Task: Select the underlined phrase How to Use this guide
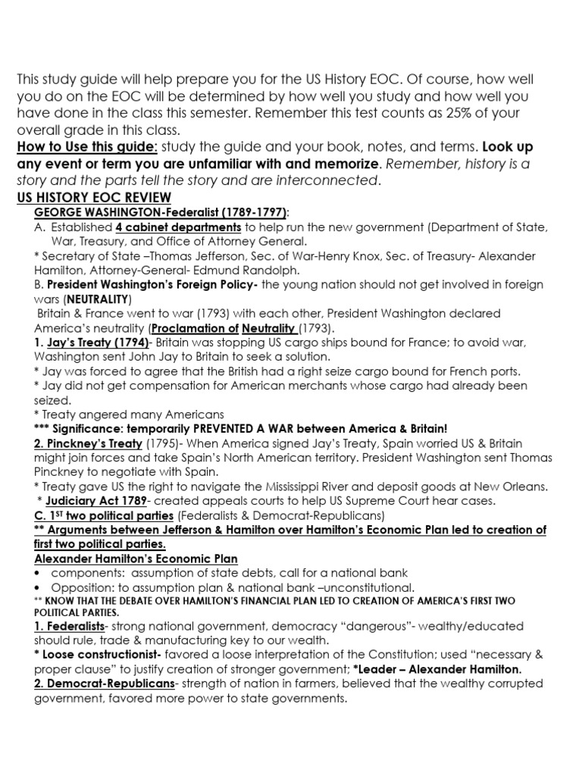87,147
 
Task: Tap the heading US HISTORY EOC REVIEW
95,198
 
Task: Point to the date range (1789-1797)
252,213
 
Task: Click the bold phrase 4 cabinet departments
179,227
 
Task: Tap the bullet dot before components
38,573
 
